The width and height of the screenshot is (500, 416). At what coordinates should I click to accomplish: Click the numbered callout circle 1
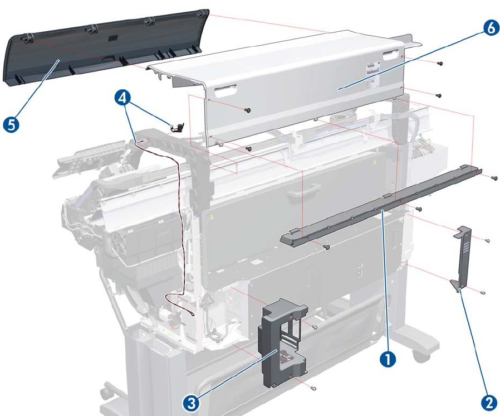point(388,360)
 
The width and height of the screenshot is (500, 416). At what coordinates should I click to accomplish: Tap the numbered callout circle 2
point(489,403)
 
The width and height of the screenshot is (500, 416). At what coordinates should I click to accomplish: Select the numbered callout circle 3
point(191,404)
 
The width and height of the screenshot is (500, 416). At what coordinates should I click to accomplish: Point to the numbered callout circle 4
point(123,98)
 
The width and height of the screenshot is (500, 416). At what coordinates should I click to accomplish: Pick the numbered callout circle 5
point(11,124)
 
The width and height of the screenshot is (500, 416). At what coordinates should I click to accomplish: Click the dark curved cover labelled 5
point(105,48)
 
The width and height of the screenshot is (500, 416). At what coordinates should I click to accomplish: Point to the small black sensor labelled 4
point(178,127)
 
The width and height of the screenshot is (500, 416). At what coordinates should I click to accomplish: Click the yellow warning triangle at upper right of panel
point(375,162)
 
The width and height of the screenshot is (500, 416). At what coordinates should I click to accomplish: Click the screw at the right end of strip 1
point(494,178)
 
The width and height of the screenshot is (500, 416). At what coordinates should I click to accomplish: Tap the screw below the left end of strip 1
point(326,247)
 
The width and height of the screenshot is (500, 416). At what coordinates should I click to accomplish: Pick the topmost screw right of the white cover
point(440,64)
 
